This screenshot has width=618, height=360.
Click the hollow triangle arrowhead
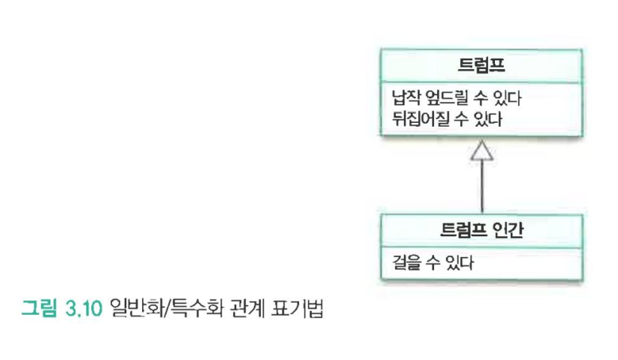(482, 151)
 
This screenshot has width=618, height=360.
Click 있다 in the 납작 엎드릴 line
(506, 101)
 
